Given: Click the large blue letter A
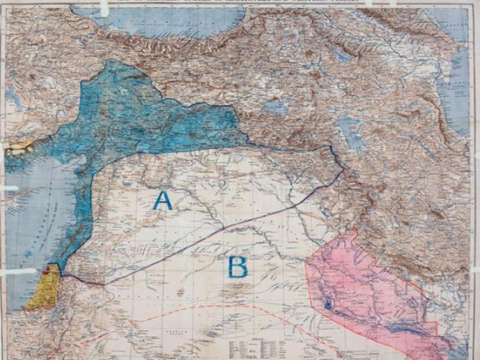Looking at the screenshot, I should (x=162, y=201).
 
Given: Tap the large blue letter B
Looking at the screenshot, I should (x=238, y=267).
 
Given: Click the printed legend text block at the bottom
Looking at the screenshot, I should (x=256, y=348).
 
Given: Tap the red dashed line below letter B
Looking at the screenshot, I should (x=224, y=306).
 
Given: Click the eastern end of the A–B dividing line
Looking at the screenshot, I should (x=342, y=171).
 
